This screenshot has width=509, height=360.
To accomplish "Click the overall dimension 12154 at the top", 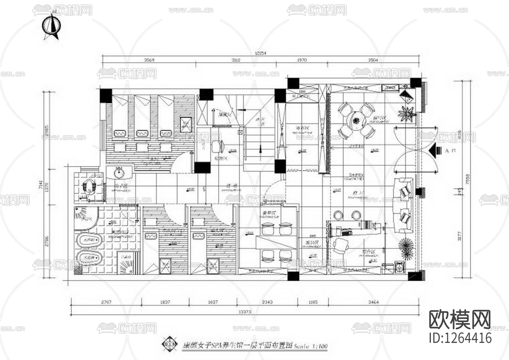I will (x=260, y=53).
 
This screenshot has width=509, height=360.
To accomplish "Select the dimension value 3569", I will (x=149, y=60).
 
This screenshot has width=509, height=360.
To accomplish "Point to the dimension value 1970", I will (x=302, y=60).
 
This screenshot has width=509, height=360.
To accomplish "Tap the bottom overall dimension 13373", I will (x=245, y=312).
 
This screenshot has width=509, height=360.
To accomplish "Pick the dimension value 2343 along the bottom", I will (x=267, y=302).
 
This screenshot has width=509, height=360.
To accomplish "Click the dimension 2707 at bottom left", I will (x=106, y=302).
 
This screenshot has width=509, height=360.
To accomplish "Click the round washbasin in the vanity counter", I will (x=120, y=172).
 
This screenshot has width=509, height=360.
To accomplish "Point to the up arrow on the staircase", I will (x=260, y=151).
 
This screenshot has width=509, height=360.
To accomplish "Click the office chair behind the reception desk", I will (x=341, y=245).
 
